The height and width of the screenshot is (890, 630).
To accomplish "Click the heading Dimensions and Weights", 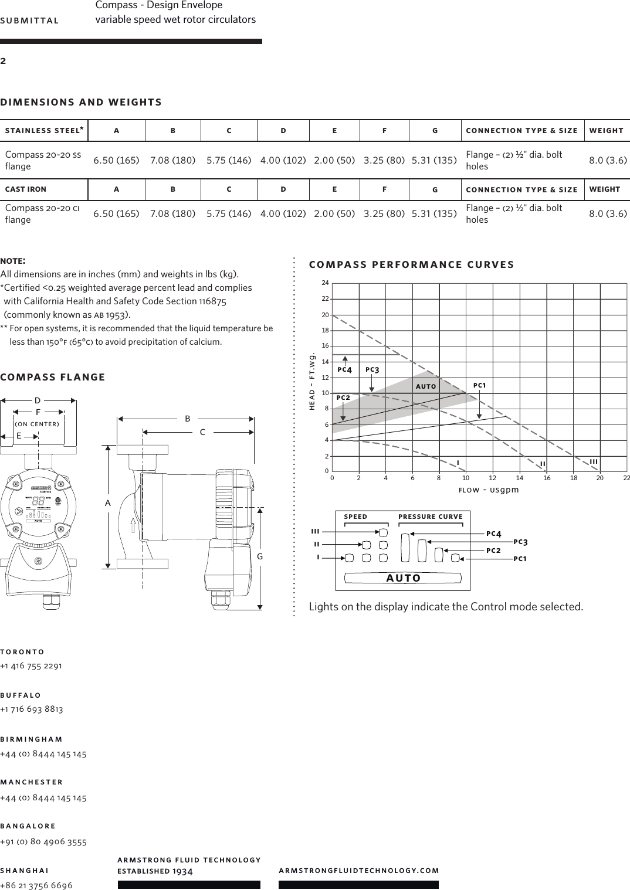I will [x=81, y=102].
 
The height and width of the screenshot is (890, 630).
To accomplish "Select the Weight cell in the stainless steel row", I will [x=608, y=160].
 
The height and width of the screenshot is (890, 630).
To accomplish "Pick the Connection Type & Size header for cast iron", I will [x=521, y=189].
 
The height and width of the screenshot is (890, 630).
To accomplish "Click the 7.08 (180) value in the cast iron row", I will [x=172, y=213].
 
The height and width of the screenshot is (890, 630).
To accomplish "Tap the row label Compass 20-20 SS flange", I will [x=43, y=160].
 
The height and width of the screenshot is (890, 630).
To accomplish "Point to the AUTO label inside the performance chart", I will [x=426, y=386].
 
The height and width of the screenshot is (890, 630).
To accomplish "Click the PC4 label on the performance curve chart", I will [x=345, y=370].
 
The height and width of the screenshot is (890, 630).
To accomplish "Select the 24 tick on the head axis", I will [x=325, y=283].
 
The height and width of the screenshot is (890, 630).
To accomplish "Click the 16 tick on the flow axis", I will [x=547, y=478].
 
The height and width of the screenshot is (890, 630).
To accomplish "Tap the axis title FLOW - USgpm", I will [x=489, y=490].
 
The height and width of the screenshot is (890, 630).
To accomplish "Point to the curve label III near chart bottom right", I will [x=594, y=462].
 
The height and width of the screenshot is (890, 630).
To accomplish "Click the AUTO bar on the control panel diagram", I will [x=403, y=578].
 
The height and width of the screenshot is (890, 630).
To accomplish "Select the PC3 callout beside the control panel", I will [x=520, y=542].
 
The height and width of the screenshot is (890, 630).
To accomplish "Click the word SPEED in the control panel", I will [x=355, y=517].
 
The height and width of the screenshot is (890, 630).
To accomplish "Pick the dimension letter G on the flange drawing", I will [x=260, y=556].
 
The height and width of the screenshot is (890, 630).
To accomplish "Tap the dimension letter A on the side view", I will [x=108, y=503].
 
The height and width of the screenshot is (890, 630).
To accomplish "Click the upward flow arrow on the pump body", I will [x=134, y=525].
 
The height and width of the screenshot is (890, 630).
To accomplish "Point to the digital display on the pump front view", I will [x=38, y=502].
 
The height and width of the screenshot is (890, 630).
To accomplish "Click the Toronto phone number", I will [x=31, y=665].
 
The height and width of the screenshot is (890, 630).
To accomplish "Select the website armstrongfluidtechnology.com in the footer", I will [x=359, y=871].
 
